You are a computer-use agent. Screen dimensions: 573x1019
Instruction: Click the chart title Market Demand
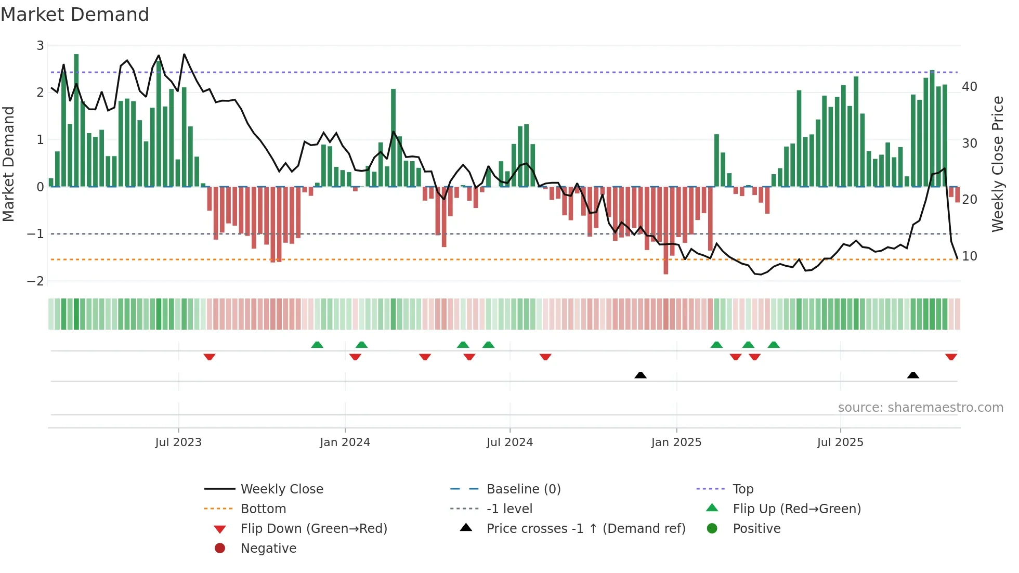(75, 15)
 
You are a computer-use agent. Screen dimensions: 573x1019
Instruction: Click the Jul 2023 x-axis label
(178, 442)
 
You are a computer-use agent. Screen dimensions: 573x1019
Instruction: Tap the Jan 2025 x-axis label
(676, 442)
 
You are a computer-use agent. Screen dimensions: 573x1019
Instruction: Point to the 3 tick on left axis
(40, 46)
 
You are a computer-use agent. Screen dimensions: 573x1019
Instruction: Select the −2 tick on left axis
(36, 281)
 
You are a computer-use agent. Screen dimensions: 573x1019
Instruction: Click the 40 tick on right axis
(969, 86)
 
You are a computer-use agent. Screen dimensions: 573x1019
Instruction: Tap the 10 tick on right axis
(969, 256)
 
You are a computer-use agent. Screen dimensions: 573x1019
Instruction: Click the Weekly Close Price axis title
(997, 164)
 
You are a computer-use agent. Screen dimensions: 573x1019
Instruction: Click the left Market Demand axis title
(8, 164)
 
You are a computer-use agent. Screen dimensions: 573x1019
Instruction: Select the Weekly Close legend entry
(281, 489)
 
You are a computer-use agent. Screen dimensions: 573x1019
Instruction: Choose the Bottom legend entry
(263, 509)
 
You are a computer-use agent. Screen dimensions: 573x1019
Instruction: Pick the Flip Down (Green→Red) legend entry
(313, 529)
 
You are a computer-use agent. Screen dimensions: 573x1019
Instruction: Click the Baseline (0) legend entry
(523, 489)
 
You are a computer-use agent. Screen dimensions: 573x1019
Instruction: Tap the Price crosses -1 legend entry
(585, 529)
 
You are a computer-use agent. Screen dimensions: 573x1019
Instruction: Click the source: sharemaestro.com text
(920, 408)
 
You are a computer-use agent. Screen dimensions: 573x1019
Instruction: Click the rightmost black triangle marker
(913, 375)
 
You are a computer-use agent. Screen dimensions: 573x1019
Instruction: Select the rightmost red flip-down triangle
(951, 357)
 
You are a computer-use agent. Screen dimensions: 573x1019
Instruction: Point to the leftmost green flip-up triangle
(317, 345)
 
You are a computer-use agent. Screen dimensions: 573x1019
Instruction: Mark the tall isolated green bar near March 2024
(393, 138)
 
